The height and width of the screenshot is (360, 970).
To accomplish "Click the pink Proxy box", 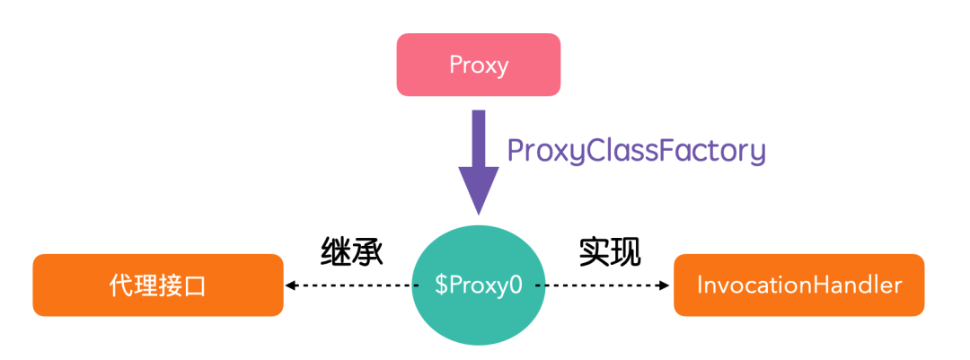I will pyautogui.click(x=478, y=65).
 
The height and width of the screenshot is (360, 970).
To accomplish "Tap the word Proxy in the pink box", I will pyautogui.click(x=479, y=66).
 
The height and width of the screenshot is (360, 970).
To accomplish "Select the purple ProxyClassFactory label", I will pyautogui.click(x=636, y=150).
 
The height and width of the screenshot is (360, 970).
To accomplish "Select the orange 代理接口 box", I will pyautogui.click(x=158, y=285).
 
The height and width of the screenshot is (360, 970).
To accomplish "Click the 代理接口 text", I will pyautogui.click(x=158, y=285).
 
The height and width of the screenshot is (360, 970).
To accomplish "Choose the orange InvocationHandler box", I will pyautogui.click(x=798, y=285).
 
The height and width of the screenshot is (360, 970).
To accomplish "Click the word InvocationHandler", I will pyautogui.click(x=798, y=285).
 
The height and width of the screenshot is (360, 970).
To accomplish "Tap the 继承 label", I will pyautogui.click(x=352, y=252).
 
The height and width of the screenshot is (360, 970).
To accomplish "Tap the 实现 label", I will pyautogui.click(x=610, y=252).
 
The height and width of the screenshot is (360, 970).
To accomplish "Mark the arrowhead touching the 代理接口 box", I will pyautogui.click(x=291, y=285).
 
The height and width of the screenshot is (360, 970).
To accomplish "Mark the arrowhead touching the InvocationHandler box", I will pyautogui.click(x=665, y=285).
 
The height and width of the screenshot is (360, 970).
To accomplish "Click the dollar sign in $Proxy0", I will pyautogui.click(x=440, y=286).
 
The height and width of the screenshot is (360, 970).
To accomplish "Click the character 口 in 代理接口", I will pyautogui.click(x=196, y=286).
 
